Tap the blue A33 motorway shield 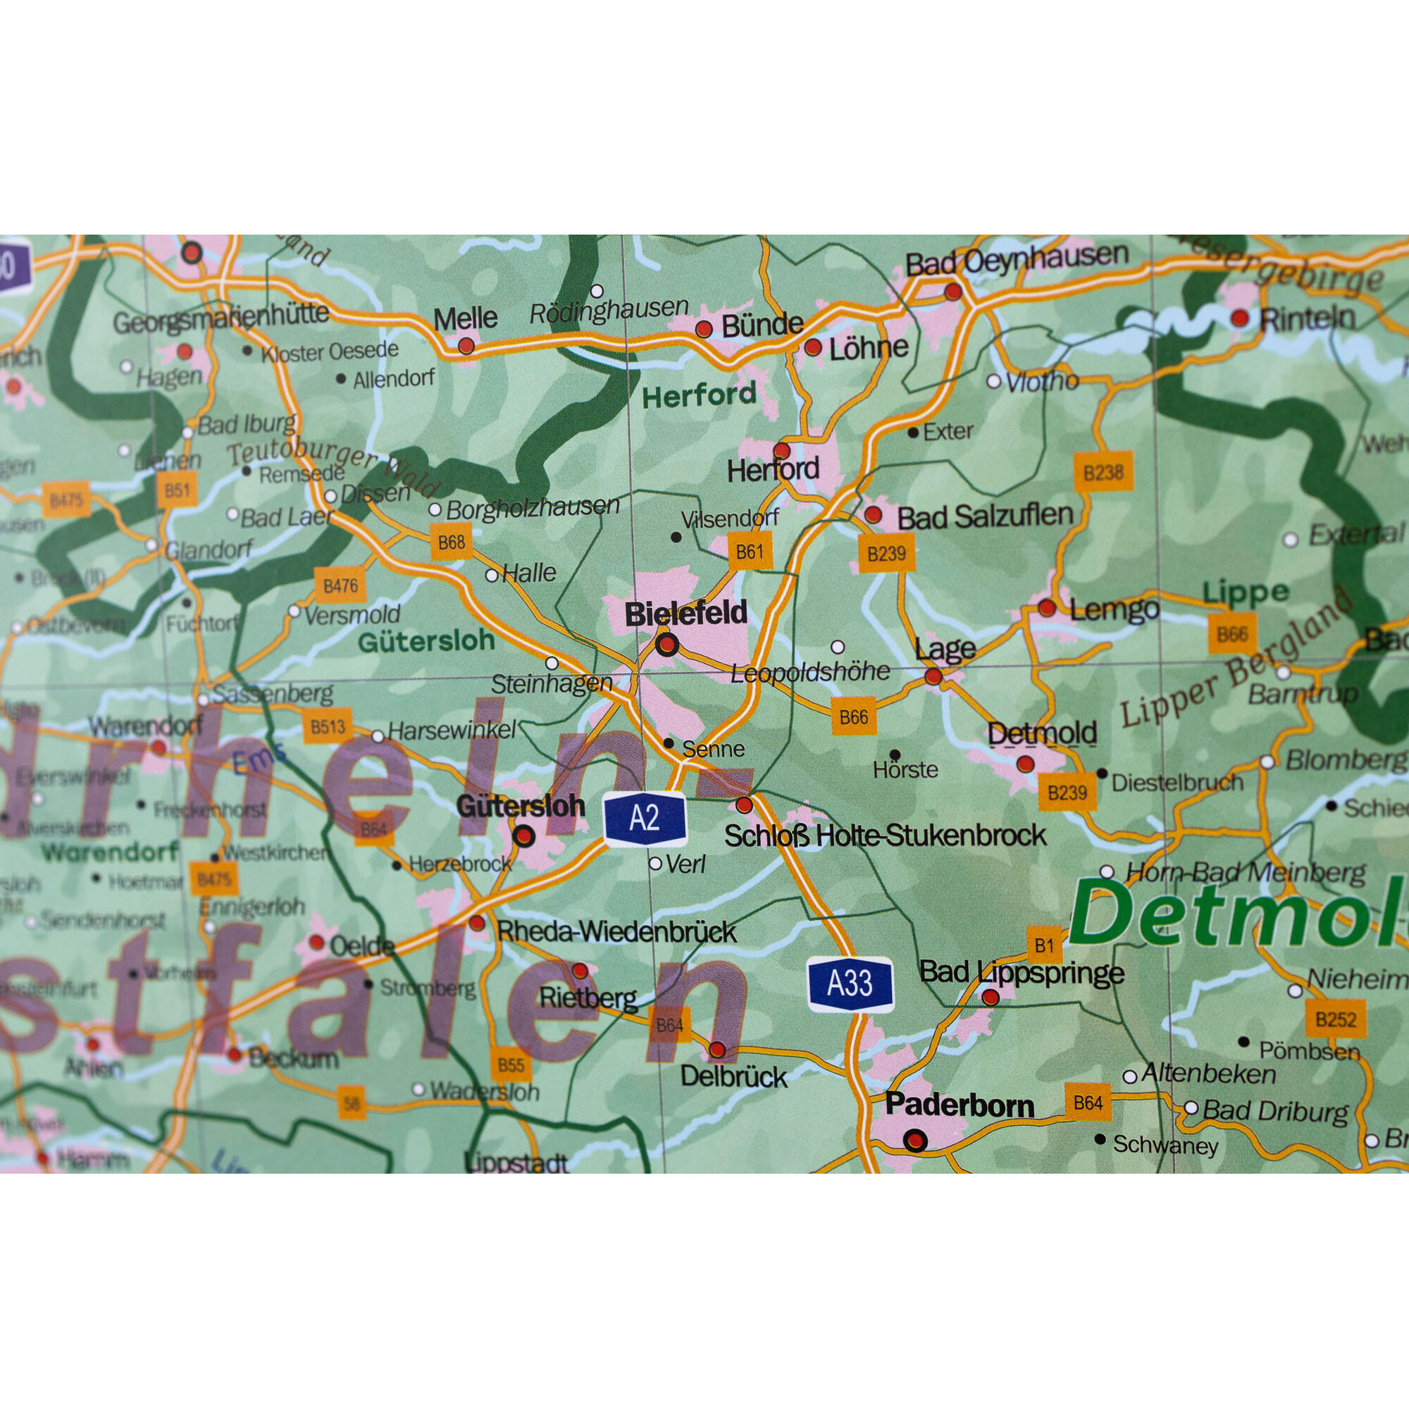point(850,983)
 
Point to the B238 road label point(1103,473)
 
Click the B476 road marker point(340,585)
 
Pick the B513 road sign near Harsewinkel point(328,726)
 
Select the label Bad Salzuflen point(985,516)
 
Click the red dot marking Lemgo point(1047,607)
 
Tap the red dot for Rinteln point(1239,318)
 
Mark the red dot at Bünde point(703,329)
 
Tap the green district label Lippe point(1245,593)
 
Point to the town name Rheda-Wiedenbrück point(616,932)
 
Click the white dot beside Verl point(655,864)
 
